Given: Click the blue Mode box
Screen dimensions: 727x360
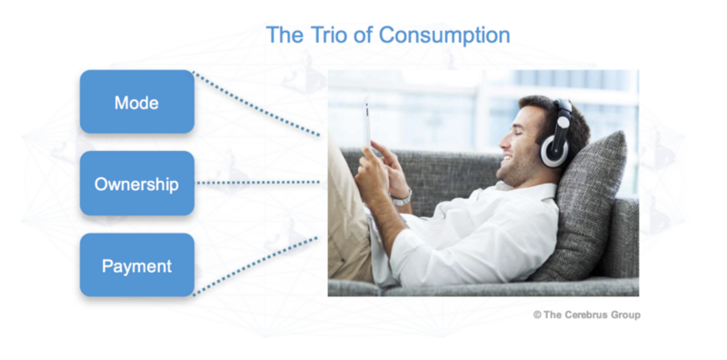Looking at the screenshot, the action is (x=137, y=102).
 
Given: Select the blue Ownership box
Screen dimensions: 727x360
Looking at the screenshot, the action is (x=137, y=184).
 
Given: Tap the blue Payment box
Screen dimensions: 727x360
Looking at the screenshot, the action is (x=137, y=265).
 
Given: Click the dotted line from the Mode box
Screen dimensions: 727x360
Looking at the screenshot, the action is (x=256, y=104).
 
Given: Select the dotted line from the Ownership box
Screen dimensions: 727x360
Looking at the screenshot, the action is (x=258, y=183).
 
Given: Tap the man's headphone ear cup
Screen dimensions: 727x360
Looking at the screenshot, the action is (x=554, y=149).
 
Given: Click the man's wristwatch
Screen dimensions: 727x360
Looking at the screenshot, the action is (x=402, y=198).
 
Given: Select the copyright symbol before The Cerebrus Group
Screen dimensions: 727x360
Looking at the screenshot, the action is (x=537, y=315).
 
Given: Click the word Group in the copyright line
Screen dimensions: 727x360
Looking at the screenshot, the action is (x=625, y=315).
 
